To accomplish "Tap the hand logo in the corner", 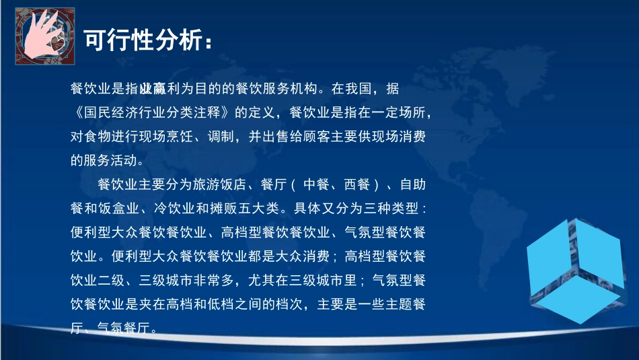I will (44, 38).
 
